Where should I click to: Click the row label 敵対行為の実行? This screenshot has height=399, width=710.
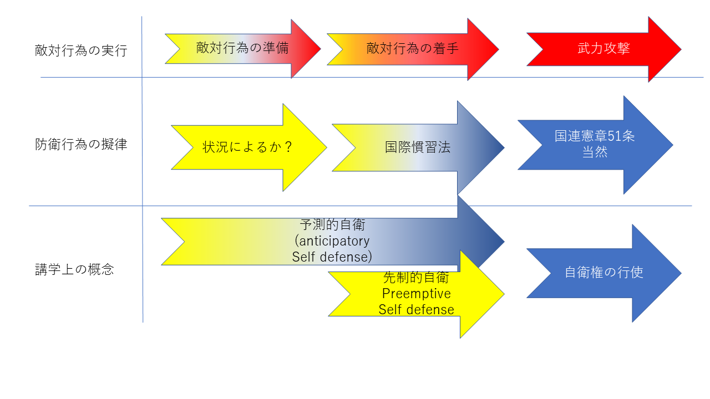click(x=80, y=51)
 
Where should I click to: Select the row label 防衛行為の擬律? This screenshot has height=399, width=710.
click(x=80, y=145)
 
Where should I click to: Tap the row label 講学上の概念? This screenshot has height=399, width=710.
click(x=74, y=270)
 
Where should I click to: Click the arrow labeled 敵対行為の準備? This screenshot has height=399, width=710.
click(x=242, y=48)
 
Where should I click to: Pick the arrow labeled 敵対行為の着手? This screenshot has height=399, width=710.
click(x=412, y=48)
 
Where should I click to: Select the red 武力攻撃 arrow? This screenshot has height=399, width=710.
click(x=603, y=49)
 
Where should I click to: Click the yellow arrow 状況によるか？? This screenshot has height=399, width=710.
click(x=247, y=147)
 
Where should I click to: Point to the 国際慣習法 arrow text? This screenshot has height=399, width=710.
click(x=418, y=147)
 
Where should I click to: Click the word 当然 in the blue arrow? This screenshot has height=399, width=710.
click(x=595, y=152)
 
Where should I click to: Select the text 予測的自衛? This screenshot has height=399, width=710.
click(x=332, y=225)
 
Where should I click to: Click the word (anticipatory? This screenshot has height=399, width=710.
click(x=332, y=241)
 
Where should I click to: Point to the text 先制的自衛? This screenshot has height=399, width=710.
click(x=416, y=278)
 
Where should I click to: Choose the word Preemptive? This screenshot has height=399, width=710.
click(x=416, y=293)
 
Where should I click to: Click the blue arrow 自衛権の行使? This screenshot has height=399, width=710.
click(x=603, y=273)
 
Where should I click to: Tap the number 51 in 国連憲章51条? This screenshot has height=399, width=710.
click(x=614, y=136)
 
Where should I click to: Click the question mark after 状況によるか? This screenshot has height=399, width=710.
click(x=287, y=147)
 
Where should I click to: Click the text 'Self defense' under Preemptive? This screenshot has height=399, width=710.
click(x=416, y=309)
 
